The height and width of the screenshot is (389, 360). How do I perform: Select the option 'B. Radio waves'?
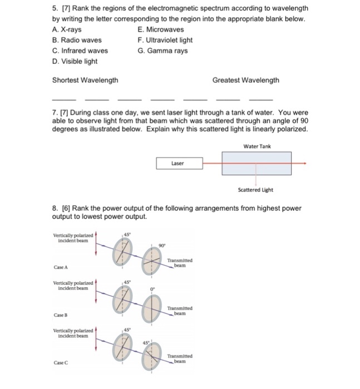tap(77, 40)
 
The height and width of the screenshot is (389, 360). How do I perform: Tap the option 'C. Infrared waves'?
tap(80, 51)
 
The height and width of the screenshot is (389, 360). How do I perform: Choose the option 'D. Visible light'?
tap(75, 61)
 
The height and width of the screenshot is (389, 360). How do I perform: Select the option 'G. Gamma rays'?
tap(162, 51)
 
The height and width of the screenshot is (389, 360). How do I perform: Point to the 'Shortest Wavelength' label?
tap(85, 80)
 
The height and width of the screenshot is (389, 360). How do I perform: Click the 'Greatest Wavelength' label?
tap(245, 80)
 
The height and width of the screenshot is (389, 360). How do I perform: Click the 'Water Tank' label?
tap(257, 146)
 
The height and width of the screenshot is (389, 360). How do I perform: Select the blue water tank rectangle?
tap(256, 163)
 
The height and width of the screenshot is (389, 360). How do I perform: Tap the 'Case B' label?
tap(62, 315)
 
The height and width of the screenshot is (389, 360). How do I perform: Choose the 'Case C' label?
tap(62, 363)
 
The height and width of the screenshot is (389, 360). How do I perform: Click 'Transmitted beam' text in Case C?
tap(180, 358)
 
